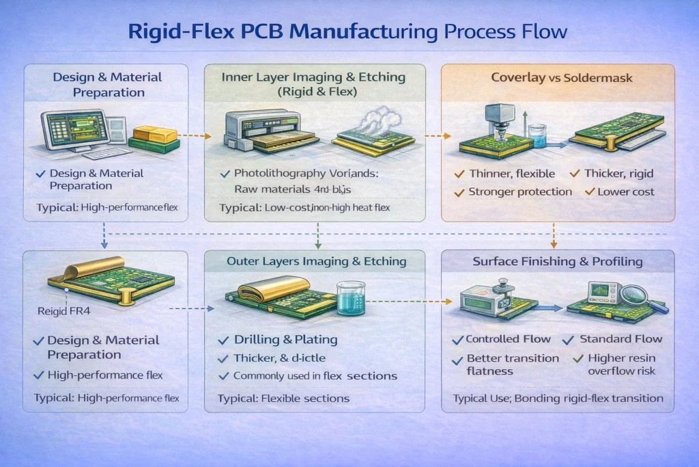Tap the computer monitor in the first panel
point(68,131)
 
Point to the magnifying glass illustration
point(644,295)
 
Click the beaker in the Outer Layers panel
point(351,298)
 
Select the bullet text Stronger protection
point(519,192)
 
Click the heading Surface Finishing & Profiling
point(558,261)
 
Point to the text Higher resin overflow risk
point(620,364)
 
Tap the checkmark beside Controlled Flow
point(459,340)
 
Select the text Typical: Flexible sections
point(283,399)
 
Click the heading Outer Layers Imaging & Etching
point(316,261)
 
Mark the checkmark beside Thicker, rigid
point(575,174)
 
